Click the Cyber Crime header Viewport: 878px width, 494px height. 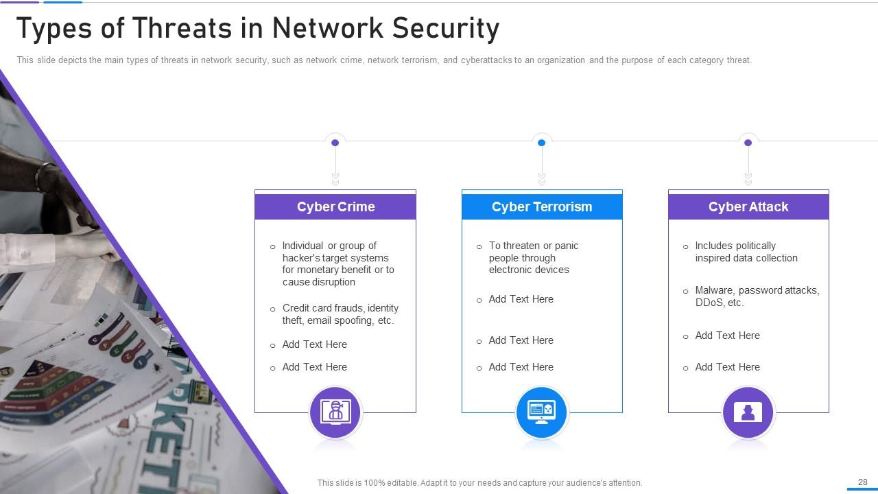335,207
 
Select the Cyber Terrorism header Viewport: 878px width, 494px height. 541,207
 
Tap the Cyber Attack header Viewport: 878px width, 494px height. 748,207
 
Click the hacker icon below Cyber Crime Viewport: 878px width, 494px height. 335,412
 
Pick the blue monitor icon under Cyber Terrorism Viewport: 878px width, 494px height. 541,412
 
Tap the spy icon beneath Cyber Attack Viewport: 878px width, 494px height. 748,412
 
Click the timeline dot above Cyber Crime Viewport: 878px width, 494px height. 335,143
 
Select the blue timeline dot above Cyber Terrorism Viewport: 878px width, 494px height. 541,143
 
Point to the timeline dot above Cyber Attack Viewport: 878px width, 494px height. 748,143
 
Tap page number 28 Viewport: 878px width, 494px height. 862,482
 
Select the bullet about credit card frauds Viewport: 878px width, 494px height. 340,314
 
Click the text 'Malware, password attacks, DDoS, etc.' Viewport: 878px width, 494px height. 757,296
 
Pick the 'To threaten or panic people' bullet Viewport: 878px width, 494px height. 533,257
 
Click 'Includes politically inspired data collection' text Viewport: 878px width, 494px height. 746,252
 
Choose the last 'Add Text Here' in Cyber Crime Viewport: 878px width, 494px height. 314,367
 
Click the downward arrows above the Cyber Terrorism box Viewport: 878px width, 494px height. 541,178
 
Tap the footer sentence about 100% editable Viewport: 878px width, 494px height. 479,483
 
